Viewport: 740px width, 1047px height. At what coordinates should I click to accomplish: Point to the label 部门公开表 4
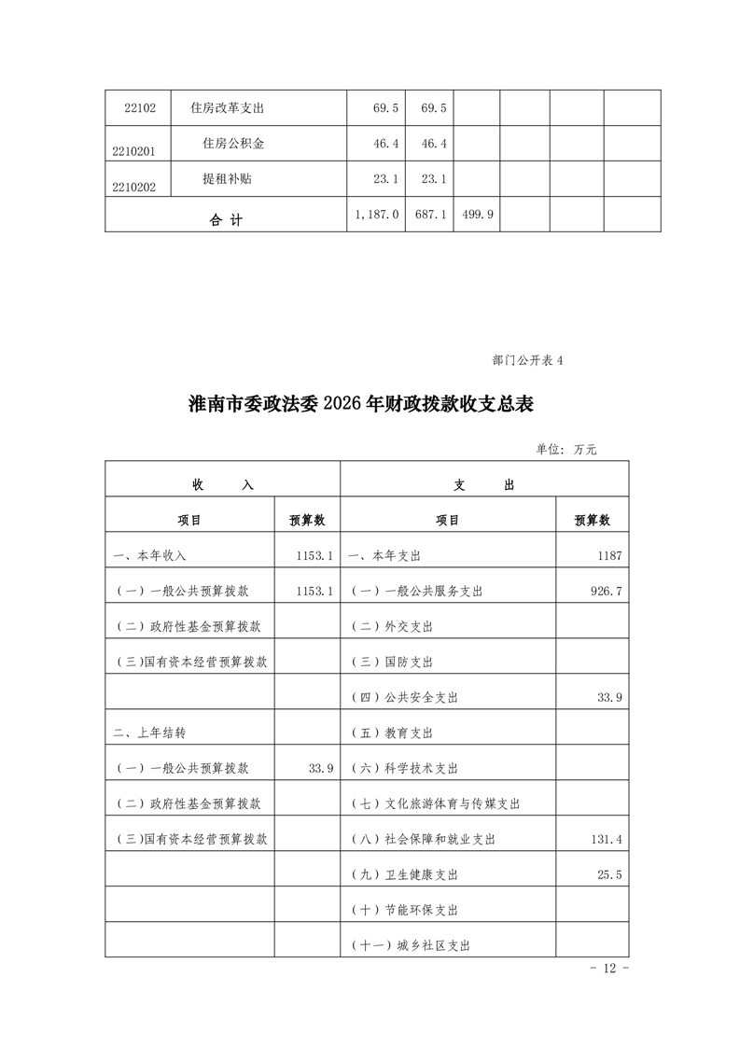click(527, 360)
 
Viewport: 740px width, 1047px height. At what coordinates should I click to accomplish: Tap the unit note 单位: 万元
click(565, 449)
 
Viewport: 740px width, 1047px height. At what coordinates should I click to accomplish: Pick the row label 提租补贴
click(227, 179)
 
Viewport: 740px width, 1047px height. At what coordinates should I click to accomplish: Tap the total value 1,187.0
click(377, 214)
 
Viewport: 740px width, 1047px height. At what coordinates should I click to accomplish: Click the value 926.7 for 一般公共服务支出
click(606, 592)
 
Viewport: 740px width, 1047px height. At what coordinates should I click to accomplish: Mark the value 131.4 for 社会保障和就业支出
click(606, 839)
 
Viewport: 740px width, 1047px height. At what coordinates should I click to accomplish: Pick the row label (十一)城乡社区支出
click(410, 945)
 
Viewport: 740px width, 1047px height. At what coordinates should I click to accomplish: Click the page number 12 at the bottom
click(611, 969)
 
